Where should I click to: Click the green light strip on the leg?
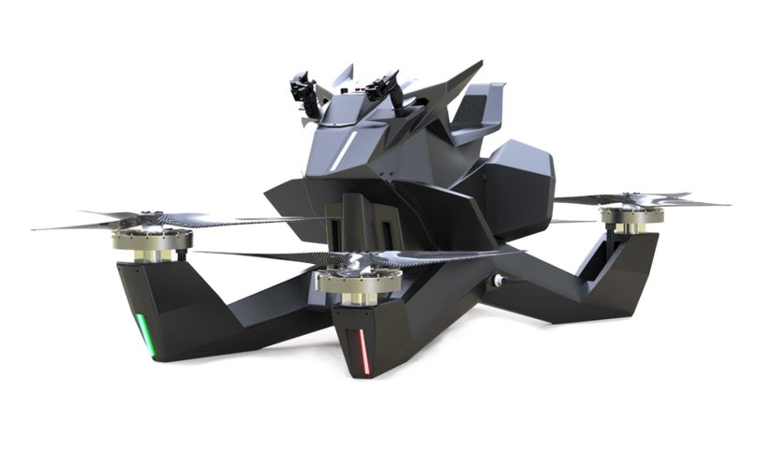(145, 335)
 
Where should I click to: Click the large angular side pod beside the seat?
(511, 187)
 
